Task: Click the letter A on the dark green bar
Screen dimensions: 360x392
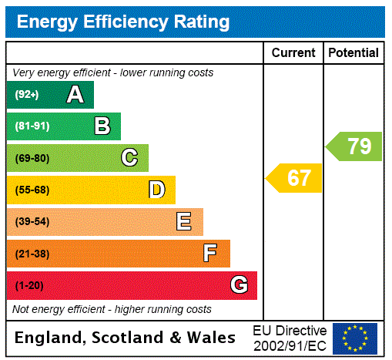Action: [x=75, y=95]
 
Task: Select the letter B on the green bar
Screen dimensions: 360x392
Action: [x=102, y=126]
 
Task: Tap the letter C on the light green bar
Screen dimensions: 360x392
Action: [x=129, y=158]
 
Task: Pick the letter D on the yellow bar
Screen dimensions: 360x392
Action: [x=157, y=190]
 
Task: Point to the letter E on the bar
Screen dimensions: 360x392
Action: [x=184, y=222]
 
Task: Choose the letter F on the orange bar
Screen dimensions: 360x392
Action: [x=210, y=254]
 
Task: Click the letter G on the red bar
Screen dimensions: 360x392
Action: [x=239, y=285]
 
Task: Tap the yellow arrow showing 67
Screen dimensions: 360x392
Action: [x=294, y=178]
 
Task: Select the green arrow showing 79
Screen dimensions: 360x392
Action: [x=354, y=146]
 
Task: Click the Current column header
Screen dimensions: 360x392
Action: [x=293, y=53]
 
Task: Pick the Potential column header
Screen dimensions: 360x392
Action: [x=353, y=53]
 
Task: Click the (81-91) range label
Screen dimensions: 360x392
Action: [x=32, y=126]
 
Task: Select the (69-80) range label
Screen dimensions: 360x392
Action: [x=32, y=158]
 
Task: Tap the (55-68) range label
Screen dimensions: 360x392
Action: [x=32, y=190]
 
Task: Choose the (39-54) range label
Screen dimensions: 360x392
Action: [x=32, y=222]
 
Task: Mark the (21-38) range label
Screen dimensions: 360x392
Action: [x=32, y=254]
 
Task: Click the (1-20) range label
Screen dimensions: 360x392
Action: [x=29, y=285]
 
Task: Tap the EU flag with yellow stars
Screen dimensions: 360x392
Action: [x=355, y=338]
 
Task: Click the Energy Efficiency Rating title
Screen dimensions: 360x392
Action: [x=123, y=22]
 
